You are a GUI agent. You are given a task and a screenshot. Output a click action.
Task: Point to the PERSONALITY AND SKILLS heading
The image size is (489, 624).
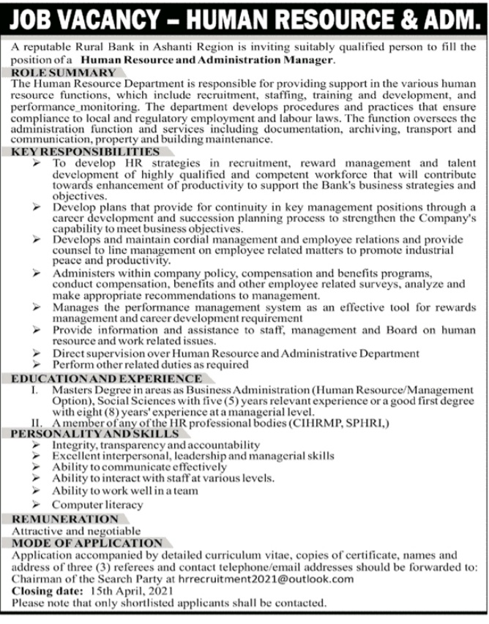(x=95, y=433)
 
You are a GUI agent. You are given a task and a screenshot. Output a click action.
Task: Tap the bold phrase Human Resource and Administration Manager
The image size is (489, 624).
(x=207, y=59)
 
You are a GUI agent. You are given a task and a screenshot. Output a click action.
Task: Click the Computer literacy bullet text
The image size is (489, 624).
(x=97, y=505)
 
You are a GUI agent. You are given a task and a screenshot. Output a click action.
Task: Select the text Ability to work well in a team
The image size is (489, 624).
(x=124, y=491)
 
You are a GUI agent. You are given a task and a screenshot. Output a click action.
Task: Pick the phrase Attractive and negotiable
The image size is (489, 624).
(x=76, y=530)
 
